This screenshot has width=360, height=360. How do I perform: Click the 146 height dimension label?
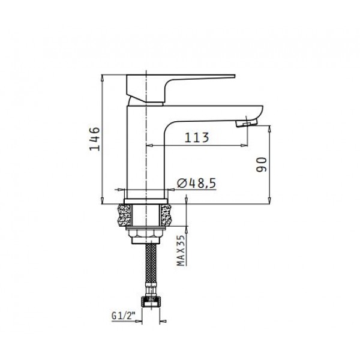[x=95, y=139]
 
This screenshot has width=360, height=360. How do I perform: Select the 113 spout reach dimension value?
[x=197, y=137]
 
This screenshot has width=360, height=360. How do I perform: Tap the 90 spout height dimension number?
[x=262, y=164]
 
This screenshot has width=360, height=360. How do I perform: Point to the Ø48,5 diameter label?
[x=197, y=184]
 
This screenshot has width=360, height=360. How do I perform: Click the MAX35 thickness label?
[x=181, y=250]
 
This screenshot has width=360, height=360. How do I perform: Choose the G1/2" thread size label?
[x=122, y=316]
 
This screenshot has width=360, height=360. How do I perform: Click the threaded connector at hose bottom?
[x=151, y=301]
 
